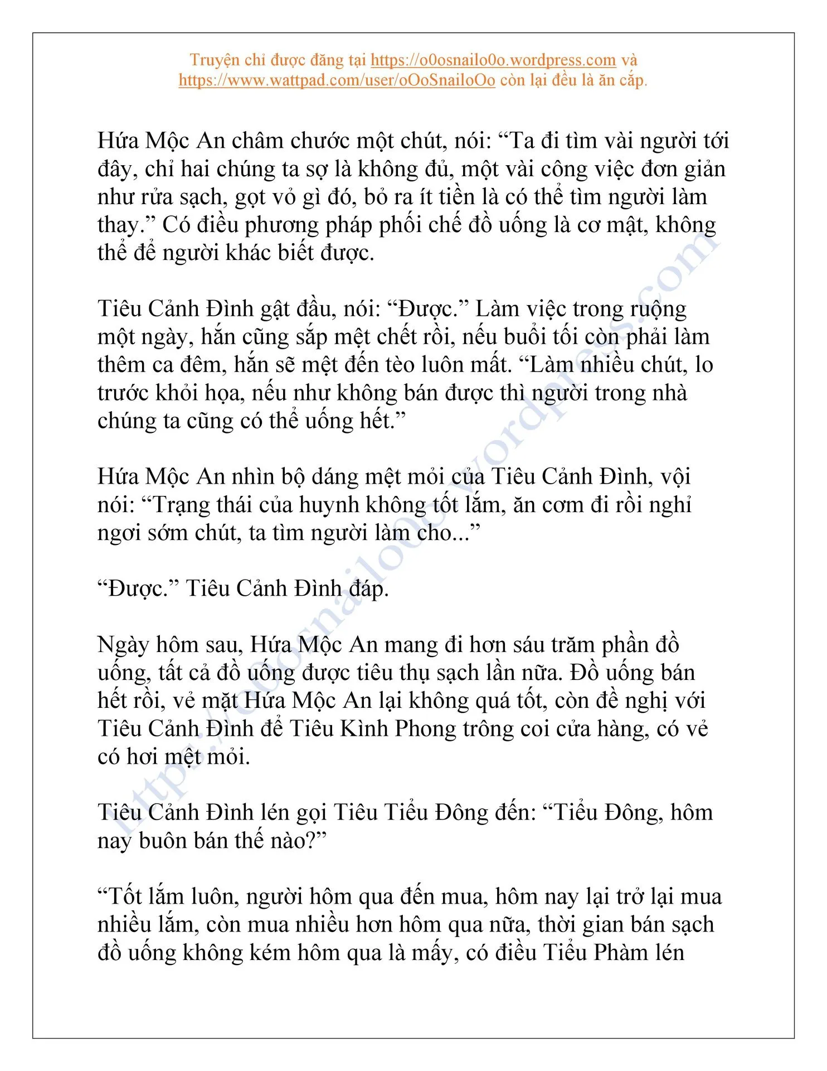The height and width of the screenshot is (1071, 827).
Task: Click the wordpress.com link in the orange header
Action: coord(493,60)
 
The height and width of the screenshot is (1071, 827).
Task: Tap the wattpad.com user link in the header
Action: coord(337,80)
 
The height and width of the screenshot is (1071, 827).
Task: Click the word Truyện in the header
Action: coord(211,60)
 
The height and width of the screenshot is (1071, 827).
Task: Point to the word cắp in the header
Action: coord(633,80)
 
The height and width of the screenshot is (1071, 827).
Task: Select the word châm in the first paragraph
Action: coord(259,141)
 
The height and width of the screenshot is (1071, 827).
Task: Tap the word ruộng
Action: coord(658,308)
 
